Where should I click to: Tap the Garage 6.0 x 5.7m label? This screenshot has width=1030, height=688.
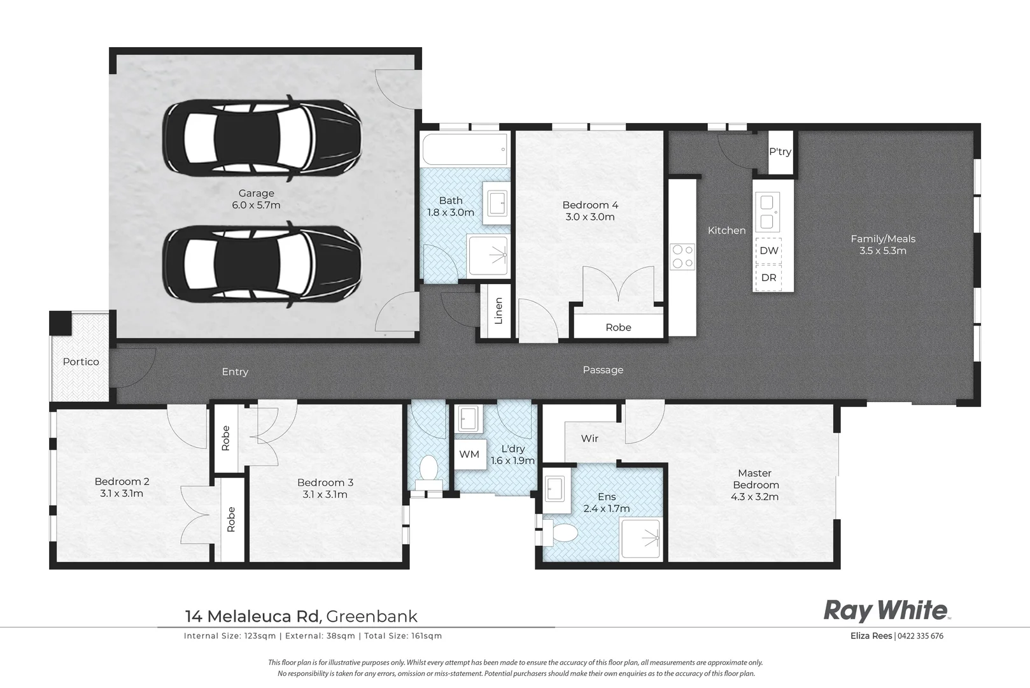point(256,199)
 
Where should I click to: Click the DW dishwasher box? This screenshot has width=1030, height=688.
point(768,250)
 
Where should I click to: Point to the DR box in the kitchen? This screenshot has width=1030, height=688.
point(768,278)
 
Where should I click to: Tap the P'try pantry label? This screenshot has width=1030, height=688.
point(780,152)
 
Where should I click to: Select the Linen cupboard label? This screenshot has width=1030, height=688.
point(498,311)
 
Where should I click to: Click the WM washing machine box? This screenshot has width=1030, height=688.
point(469,454)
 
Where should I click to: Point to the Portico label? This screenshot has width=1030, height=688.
point(81,362)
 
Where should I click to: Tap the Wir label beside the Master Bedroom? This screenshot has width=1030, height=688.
point(589,438)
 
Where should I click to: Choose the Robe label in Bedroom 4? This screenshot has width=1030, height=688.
point(618,327)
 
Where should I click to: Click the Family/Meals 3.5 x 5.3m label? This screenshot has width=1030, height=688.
point(882,245)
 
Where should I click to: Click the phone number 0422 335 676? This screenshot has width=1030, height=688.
point(921,636)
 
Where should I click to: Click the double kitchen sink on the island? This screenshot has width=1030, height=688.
point(768,212)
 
